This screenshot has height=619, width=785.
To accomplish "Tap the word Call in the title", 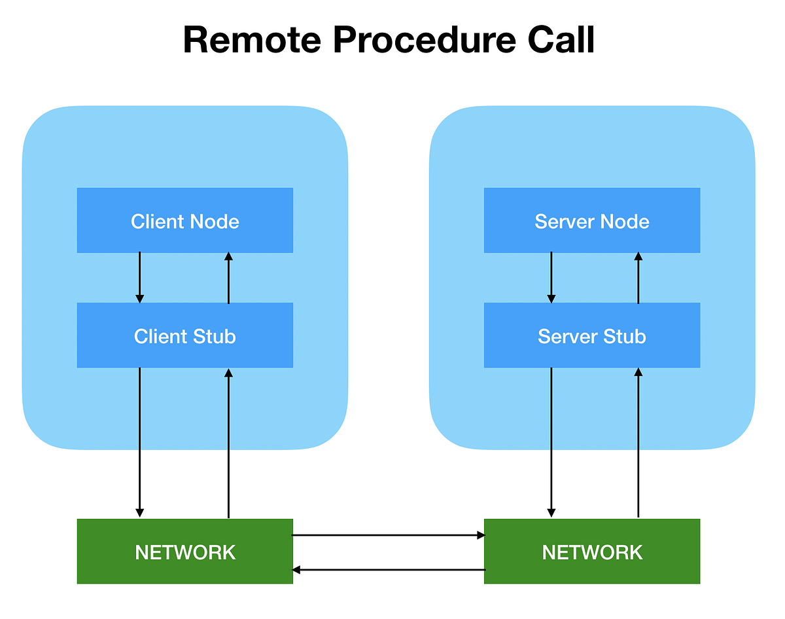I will (561, 41).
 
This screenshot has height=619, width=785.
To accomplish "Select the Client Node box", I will (184, 221).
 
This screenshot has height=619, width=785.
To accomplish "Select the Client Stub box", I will (184, 335).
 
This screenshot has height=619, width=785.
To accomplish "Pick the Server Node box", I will (591, 221).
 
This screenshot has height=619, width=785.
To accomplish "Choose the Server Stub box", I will (591, 335).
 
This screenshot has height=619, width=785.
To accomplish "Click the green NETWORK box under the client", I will (184, 552).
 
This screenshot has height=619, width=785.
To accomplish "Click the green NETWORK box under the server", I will (591, 552).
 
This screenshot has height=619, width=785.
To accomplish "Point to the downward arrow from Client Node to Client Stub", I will (139, 277).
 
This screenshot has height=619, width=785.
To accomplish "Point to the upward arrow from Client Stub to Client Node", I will (228, 277).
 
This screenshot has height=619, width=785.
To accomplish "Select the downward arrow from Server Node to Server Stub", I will (551, 277).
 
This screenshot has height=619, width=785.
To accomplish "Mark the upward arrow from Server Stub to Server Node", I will (638, 277).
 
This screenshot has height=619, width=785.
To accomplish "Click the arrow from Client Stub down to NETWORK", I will (139, 442).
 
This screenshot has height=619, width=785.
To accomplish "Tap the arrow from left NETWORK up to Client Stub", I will (228, 442).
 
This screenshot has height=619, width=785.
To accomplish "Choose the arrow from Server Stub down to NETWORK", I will (551, 442).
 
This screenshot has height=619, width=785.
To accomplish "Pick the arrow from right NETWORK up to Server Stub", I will (638, 442).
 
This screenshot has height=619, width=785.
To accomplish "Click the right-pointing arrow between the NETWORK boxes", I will (388, 535).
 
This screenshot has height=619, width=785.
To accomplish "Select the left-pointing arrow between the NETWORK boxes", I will (388, 570).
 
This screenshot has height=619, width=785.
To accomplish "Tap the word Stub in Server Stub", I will (625, 336).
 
